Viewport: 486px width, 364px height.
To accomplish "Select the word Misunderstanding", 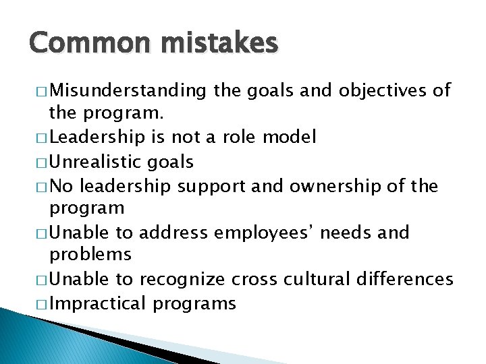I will [128, 90].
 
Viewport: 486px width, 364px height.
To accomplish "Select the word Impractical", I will [98, 303].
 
